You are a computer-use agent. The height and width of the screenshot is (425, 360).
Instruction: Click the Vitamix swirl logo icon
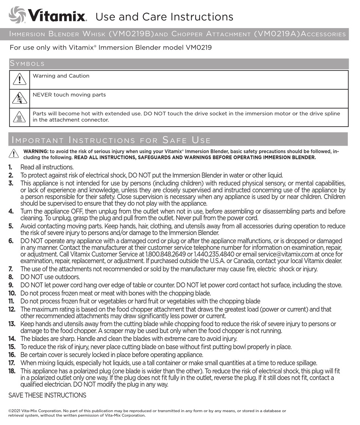point(17,15)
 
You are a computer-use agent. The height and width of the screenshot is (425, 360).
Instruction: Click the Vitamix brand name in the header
point(58,16)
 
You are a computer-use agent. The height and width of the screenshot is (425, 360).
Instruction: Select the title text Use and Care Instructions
point(164,17)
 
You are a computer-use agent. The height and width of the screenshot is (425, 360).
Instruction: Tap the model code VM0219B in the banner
point(131,34)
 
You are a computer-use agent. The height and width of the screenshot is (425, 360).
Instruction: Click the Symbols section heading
point(27,64)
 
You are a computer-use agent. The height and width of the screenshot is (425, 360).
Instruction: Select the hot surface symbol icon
point(19,118)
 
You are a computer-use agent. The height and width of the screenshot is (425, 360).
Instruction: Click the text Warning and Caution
point(61,76)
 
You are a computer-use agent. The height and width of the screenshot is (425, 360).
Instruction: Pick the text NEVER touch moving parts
point(69,95)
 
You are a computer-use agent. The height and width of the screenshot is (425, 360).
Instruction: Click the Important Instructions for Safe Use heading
point(111,140)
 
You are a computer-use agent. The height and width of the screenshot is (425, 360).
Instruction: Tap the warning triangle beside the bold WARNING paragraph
point(14,154)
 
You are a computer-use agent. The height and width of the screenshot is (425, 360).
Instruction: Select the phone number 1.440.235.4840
point(214,254)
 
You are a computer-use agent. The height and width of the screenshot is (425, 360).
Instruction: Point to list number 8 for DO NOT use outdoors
point(11,277)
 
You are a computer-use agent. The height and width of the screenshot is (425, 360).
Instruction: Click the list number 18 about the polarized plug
point(12,371)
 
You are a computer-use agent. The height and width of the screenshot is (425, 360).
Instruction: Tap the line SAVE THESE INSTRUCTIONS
point(47,395)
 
